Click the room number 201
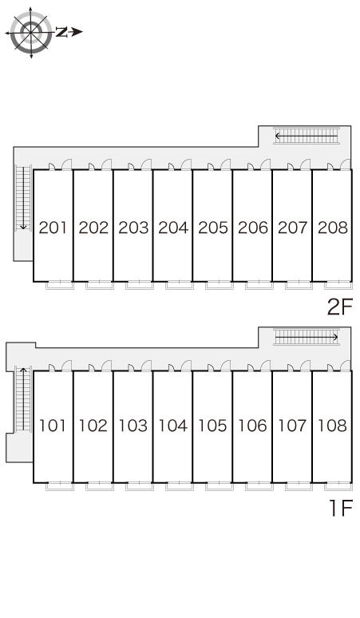[x=53, y=228]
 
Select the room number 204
[x=173, y=228]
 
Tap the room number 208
[x=333, y=228]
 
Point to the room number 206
[x=253, y=228]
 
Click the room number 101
[x=53, y=426]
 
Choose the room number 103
[x=133, y=426]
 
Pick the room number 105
[x=212, y=426]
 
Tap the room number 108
[x=332, y=426]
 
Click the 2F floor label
[x=339, y=307]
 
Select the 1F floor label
[x=341, y=508]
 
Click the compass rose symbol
[x=30, y=32]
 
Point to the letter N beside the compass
[x=61, y=32]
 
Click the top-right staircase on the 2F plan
[x=307, y=136]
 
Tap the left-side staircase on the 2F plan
[x=23, y=198]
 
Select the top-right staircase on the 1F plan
[x=307, y=337]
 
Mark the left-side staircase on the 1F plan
[x=23, y=399]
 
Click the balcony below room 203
[x=140, y=285]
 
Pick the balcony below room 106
[x=259, y=486]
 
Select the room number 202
[x=93, y=228]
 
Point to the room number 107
[x=292, y=426]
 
